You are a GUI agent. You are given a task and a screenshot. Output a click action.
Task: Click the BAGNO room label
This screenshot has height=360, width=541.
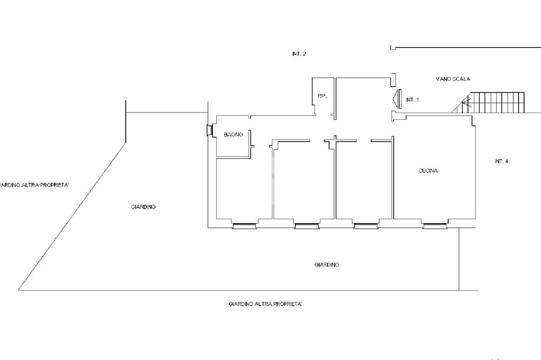233,135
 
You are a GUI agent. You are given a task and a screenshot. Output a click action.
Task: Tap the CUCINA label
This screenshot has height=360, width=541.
428,170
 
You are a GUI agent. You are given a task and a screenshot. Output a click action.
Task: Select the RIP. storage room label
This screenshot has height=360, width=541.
322,96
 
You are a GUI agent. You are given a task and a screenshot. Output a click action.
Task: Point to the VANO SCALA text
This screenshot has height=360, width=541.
453,79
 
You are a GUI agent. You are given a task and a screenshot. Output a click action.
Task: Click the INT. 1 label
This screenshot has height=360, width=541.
412,100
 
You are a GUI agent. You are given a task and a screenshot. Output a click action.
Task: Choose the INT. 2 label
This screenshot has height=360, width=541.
299,54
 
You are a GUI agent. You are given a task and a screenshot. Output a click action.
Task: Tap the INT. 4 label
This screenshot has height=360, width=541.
501,161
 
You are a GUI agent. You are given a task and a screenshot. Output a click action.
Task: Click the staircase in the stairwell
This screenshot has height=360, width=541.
488,102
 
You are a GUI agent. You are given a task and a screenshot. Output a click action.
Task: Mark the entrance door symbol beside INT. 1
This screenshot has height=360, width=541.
397,99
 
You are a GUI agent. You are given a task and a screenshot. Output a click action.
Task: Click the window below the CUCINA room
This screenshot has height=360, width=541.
435,226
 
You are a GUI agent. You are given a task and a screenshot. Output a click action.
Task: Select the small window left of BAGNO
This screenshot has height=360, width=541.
209,130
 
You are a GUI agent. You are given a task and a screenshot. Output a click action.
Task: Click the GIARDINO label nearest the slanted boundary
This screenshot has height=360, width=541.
143,207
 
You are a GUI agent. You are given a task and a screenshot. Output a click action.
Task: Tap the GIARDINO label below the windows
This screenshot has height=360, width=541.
327,265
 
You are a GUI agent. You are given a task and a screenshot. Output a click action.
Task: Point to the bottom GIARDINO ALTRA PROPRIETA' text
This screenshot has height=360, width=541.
266,304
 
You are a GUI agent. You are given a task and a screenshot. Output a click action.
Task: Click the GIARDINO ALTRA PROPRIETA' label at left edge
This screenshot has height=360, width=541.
34,185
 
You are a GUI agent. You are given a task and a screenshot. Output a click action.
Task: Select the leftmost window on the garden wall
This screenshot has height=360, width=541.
244,226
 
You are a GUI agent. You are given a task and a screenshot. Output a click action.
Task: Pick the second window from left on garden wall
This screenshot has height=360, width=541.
307,226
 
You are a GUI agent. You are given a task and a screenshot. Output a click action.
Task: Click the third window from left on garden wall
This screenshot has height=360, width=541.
366,226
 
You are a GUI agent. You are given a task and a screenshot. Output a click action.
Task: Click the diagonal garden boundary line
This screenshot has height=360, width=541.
72,216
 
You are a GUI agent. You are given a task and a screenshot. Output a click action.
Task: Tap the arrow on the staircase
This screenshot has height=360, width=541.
466,102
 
